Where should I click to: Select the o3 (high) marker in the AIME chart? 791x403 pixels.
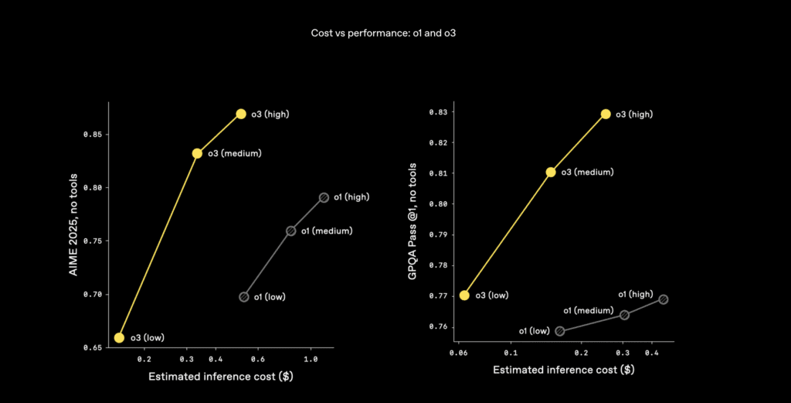241,114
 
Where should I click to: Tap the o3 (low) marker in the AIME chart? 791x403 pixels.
119,337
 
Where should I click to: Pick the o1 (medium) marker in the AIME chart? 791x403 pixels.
291,231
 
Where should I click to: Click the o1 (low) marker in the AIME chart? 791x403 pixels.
244,296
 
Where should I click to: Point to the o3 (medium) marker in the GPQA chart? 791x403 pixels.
551,172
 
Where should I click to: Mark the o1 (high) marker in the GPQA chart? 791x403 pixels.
663,299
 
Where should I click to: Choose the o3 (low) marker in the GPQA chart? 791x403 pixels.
464,295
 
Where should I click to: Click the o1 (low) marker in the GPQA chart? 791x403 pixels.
560,331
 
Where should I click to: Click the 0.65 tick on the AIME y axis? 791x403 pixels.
92,348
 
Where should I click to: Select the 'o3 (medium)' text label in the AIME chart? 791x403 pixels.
234,153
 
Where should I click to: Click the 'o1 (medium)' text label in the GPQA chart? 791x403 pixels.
588,311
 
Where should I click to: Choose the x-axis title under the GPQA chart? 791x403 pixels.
564,370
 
